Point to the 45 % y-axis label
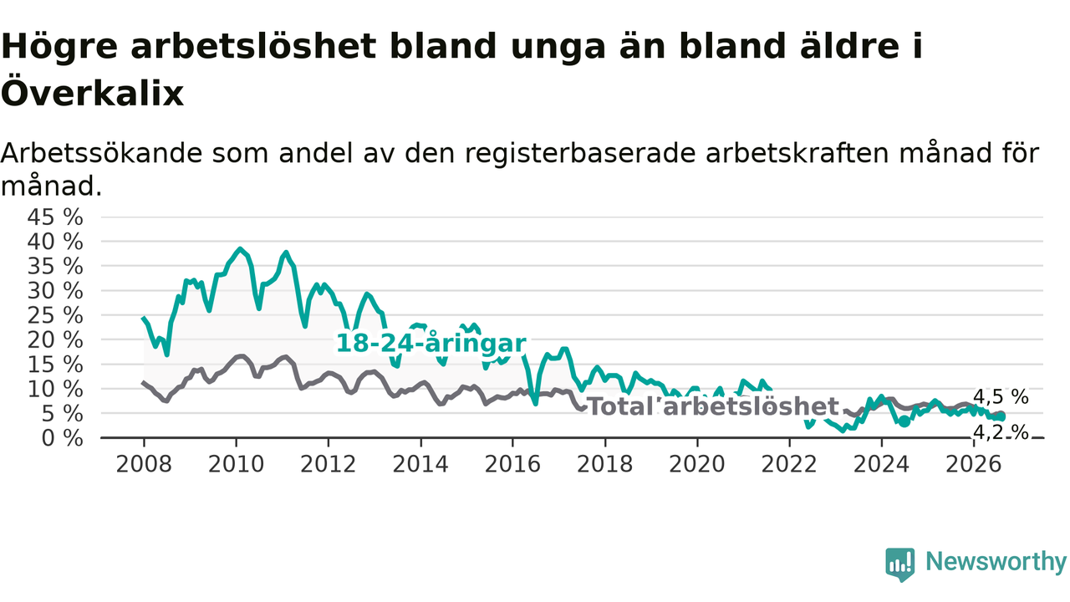55,217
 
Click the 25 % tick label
55,316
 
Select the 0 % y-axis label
62,438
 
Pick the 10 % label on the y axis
55,390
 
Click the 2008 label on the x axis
144,464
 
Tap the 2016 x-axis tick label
512,464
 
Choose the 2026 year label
974,464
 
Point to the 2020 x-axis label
697,464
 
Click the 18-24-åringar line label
431,344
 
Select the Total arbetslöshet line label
712,406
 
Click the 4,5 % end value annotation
1001,396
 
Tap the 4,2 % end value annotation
1001,432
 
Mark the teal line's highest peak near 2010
240,248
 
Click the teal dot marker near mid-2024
904,421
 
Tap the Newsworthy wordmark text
996,561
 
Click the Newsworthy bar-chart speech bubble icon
900,564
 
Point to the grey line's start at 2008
143,383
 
